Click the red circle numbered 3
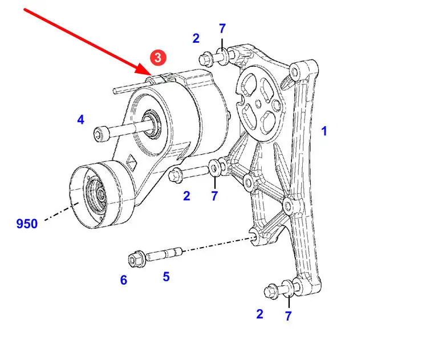(x=159, y=57)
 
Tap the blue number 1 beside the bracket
(x=324, y=131)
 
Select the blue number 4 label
(x=81, y=120)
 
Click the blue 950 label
(x=27, y=224)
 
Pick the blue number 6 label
(x=124, y=280)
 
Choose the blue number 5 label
(x=166, y=277)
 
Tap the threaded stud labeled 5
(x=165, y=252)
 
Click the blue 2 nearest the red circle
(x=196, y=39)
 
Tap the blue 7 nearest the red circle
(x=222, y=29)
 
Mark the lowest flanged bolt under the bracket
(x=273, y=292)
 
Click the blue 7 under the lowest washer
(x=289, y=315)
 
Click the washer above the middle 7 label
(x=215, y=168)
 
